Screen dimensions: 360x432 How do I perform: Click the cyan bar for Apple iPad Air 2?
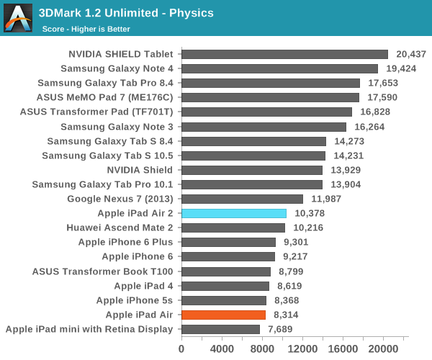point(234,213)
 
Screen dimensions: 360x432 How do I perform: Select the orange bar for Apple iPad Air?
point(223,315)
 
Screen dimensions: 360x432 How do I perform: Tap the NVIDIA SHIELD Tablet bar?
point(284,54)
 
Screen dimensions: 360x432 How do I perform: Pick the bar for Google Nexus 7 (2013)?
point(242,199)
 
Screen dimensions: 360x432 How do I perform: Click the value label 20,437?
point(412,54)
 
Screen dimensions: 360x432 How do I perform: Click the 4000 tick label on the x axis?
point(221,348)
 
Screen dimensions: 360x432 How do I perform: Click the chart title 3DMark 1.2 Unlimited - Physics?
point(136,13)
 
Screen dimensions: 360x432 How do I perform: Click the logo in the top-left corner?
point(18,18)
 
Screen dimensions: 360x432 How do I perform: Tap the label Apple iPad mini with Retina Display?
point(89,329)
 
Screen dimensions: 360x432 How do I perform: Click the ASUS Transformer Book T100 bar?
point(225,271)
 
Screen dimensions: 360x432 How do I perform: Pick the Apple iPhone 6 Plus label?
point(126,242)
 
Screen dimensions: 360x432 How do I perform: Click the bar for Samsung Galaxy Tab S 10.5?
point(253,156)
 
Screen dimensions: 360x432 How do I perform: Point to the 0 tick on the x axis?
point(181,348)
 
